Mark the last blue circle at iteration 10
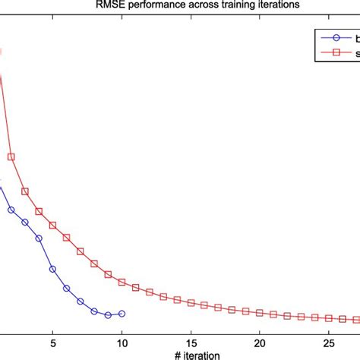tap(122, 314)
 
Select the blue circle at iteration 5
tap(52, 269)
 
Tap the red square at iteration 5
tap(52, 226)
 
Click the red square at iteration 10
tap(122, 283)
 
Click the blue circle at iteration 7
tap(81, 302)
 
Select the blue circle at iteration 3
tap(25, 223)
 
